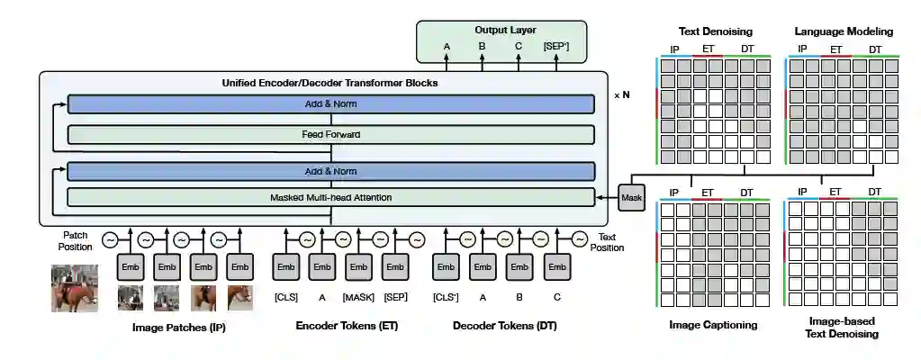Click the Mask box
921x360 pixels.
click(632, 197)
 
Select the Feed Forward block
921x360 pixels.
click(330, 135)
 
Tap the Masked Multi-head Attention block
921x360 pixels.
click(330, 197)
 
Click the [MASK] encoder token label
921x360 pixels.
click(358, 297)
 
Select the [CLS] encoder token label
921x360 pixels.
click(285, 297)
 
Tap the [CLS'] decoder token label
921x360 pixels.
click(446, 297)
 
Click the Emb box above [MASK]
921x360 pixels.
click(358, 267)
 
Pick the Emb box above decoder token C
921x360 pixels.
click(556, 267)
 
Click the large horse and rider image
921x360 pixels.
click(74, 287)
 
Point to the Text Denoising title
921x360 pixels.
click(714, 31)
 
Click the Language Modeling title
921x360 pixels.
click(844, 31)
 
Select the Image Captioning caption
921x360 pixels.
click(714, 325)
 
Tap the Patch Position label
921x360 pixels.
click(76, 239)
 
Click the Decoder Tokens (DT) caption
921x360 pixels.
click(504, 326)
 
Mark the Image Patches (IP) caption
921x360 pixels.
click(178, 328)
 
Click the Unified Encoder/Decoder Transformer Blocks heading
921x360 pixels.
click(330, 83)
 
